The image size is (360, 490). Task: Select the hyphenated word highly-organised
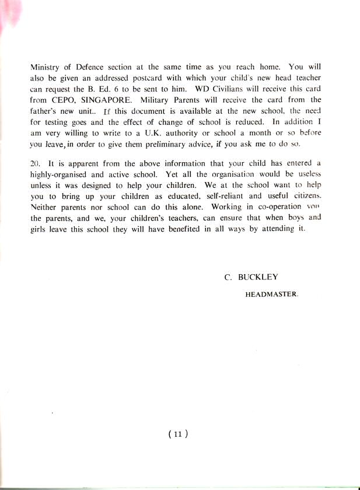click(61, 175)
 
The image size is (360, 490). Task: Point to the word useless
click(307, 175)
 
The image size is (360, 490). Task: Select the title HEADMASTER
click(271, 295)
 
